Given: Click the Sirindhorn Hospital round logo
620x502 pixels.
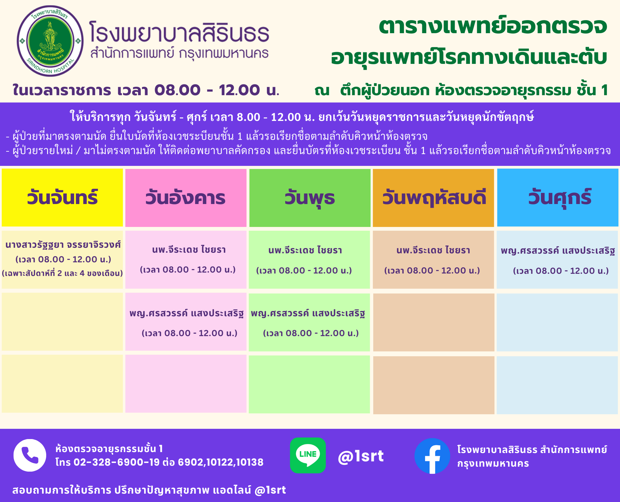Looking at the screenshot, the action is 50,41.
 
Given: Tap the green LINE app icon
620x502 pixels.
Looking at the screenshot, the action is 308,455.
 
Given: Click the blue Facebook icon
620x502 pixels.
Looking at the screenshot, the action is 432,456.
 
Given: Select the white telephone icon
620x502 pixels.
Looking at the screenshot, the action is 30,455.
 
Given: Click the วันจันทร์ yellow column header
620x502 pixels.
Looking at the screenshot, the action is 62,198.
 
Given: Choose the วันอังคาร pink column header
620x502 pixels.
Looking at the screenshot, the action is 186,198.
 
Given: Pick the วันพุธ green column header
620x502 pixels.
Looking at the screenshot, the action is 310,198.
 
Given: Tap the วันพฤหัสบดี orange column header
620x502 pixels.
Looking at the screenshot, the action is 433,198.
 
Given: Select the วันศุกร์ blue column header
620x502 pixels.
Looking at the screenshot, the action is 558,198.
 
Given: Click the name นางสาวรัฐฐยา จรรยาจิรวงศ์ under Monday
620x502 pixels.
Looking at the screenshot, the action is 63,245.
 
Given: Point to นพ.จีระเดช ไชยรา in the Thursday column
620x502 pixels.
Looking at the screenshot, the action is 433,250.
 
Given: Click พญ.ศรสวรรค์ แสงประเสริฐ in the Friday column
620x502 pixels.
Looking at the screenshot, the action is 558,251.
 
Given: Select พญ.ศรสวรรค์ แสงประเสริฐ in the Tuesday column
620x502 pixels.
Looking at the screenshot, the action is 186,313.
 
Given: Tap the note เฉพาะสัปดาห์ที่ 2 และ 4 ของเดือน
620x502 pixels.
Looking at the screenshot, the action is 62,273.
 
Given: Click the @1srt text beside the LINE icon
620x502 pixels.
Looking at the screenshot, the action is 361,456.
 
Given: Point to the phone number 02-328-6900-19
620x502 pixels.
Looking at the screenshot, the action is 117,462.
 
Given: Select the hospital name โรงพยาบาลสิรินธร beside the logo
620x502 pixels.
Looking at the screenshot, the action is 179,32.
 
